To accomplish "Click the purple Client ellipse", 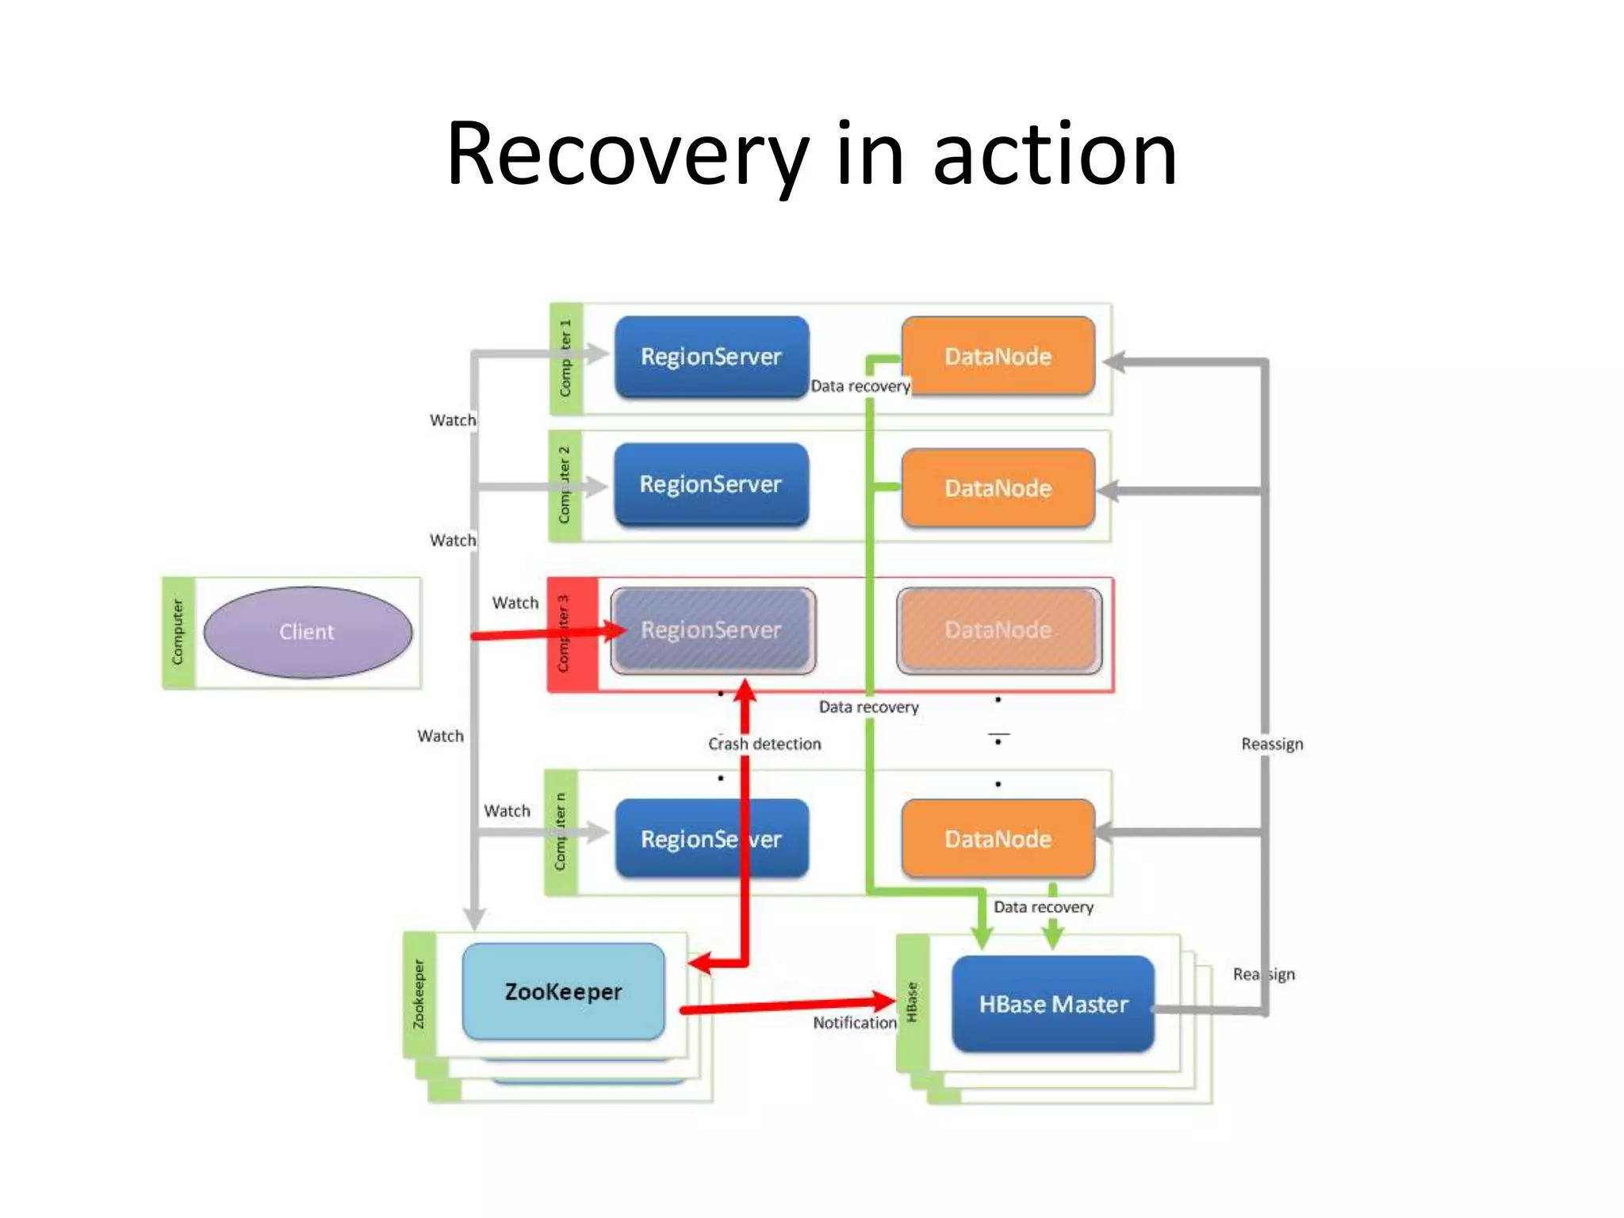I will coord(307,632).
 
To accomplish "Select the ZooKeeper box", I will coord(563,991).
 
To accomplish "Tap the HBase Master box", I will coord(1052,1004).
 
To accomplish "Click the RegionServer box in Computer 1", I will coord(711,357).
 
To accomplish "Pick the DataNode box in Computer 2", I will coord(998,488).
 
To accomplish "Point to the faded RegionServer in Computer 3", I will coord(712,630).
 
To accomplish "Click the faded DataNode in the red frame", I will coord(998,630).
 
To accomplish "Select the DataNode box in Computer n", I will coord(998,838).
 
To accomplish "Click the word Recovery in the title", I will coord(626,155).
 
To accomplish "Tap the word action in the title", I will coord(1055,155).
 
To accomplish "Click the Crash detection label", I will coord(764,744).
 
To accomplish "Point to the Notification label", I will coord(854,1023).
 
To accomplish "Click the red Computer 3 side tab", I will coord(571,634).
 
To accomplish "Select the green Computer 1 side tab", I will coord(566,358).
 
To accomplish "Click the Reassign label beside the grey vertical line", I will coord(1272,744).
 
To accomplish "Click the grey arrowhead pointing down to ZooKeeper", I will coord(474,919).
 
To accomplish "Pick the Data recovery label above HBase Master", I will coord(1044,907).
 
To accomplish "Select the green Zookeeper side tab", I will coord(419,994).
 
